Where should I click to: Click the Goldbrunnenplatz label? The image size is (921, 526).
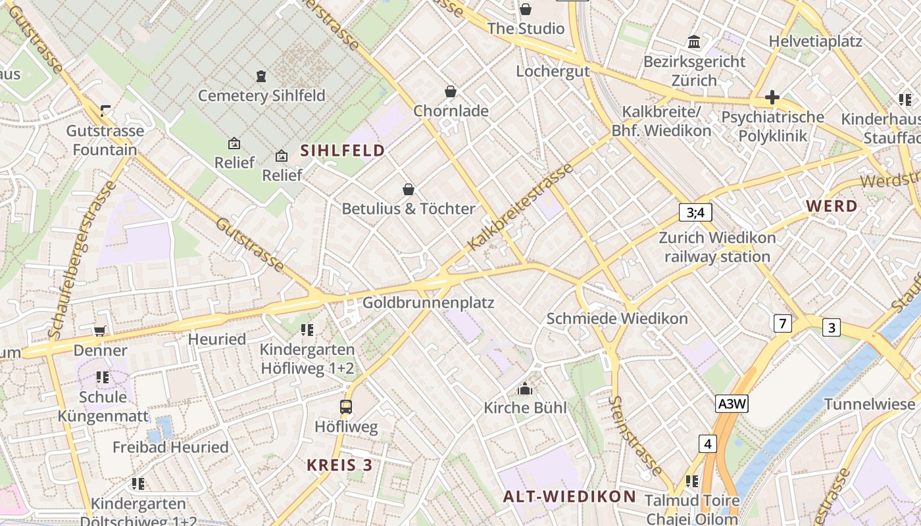(428, 303)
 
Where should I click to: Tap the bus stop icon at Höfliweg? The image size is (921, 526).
(346, 407)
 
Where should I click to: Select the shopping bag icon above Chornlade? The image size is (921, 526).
(451, 91)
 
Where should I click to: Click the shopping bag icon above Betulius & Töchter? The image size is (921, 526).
(409, 189)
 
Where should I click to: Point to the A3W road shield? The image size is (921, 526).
(732, 404)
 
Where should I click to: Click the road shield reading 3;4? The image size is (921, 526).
(695, 212)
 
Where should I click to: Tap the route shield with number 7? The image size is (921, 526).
(782, 323)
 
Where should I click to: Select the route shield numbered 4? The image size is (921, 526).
(708, 444)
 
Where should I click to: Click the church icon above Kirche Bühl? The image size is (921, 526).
(524, 389)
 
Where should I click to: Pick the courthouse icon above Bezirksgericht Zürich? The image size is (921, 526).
(694, 43)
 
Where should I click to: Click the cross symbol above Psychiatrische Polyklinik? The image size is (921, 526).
(772, 98)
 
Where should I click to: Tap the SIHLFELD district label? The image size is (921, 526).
(343, 151)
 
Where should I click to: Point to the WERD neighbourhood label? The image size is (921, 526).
(832, 206)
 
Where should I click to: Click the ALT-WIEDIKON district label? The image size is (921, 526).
(570, 496)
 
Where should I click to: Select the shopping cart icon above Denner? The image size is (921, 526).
(99, 331)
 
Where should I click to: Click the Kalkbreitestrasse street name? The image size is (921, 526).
(520, 206)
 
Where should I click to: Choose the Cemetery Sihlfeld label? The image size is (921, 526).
(262, 95)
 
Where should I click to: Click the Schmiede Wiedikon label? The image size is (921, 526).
(617, 319)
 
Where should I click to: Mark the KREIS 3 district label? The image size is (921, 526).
(339, 465)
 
